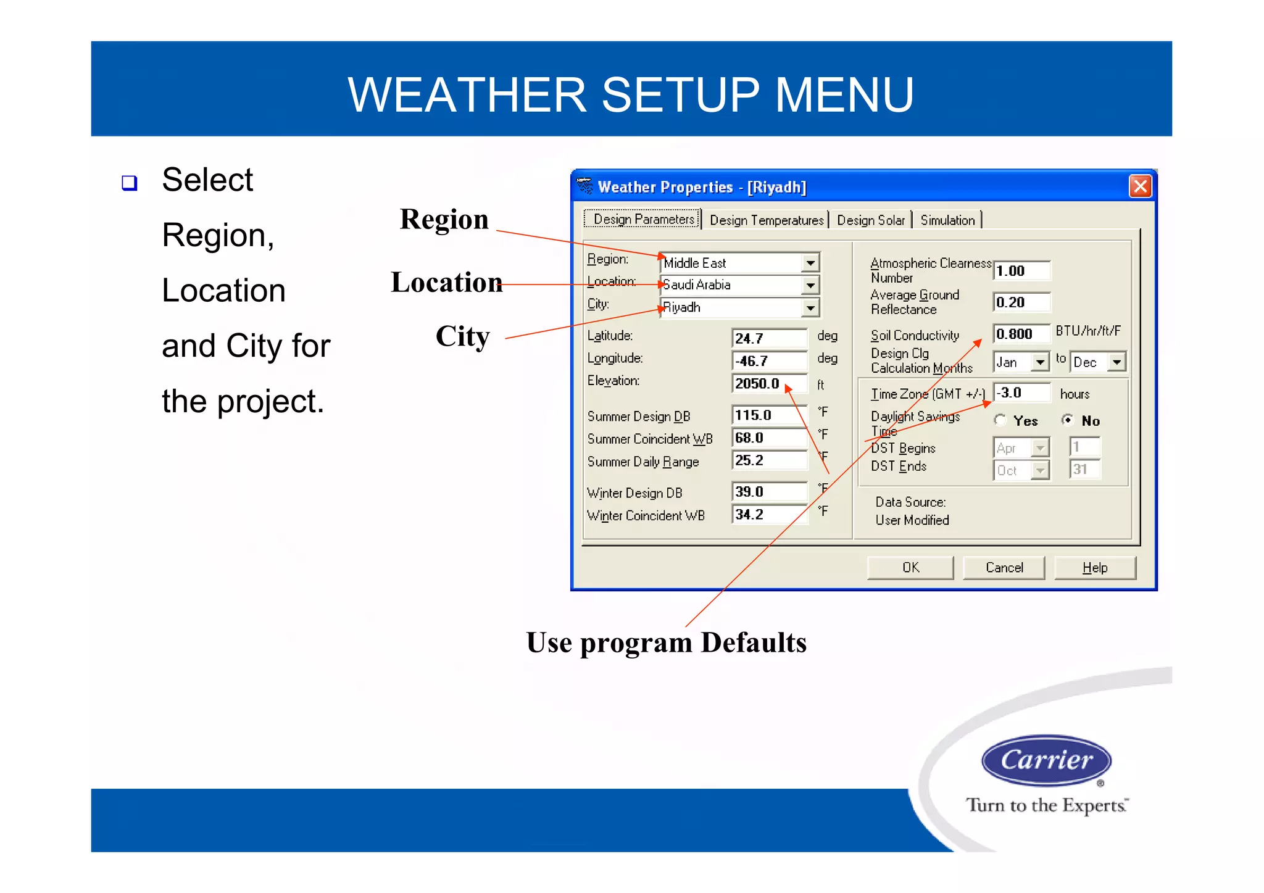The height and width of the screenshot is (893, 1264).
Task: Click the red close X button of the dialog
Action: click(1140, 186)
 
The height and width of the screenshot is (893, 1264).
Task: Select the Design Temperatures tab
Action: click(766, 220)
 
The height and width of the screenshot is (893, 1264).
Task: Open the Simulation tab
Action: click(947, 220)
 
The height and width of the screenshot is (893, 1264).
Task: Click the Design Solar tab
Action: click(870, 220)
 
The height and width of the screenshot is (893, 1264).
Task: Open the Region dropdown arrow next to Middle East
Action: click(810, 263)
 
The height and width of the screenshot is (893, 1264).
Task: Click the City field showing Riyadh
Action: click(731, 307)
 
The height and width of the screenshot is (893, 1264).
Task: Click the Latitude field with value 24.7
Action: click(768, 338)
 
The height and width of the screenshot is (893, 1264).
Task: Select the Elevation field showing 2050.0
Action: click(768, 383)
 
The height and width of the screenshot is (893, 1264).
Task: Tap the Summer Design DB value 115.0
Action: click(768, 415)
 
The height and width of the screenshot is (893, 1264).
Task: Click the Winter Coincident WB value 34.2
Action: click(768, 514)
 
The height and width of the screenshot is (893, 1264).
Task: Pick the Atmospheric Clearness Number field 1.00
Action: click(1021, 271)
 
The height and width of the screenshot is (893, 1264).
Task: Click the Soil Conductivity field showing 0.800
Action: click(1021, 334)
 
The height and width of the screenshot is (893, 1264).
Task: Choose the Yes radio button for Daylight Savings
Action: click(1000, 420)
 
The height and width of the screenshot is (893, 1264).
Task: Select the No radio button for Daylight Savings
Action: click(1067, 420)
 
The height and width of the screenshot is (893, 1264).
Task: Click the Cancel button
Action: click(1004, 568)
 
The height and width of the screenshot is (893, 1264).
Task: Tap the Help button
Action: click(1094, 568)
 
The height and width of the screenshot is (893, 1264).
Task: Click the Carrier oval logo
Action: click(1046, 760)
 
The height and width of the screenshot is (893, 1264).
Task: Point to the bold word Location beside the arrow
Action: click(446, 282)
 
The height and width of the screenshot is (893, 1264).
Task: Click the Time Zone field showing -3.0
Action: click(1021, 393)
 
